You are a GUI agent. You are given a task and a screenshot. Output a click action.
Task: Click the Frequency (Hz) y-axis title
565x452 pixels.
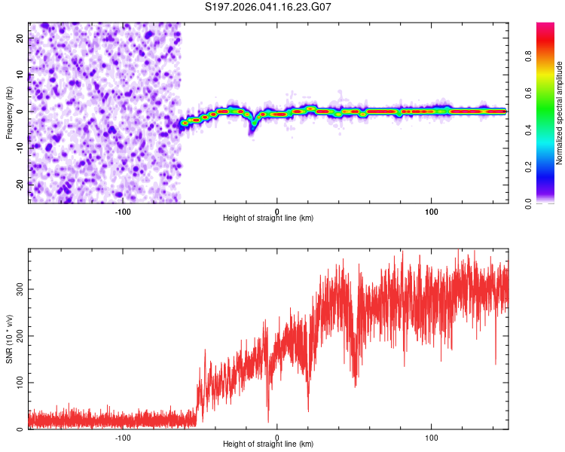(x=9, y=112)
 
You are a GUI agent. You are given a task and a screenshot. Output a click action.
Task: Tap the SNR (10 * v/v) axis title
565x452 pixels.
(x=9, y=338)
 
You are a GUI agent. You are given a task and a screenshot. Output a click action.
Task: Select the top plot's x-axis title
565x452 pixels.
(x=268, y=218)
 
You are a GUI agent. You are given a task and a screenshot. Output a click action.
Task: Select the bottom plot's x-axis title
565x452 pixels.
(x=268, y=444)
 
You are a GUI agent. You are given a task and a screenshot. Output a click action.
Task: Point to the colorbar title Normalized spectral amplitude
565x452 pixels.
(x=560, y=112)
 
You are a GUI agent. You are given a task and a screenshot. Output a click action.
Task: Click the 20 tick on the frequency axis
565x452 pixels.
(x=20, y=38)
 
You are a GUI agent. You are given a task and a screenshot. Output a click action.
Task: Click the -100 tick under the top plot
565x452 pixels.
(x=123, y=210)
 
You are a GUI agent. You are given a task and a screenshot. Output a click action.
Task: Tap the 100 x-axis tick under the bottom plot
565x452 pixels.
(x=432, y=437)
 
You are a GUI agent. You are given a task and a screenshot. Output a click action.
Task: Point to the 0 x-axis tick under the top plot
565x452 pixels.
(x=277, y=210)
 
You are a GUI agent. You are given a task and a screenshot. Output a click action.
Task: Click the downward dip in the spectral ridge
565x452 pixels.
(x=252, y=128)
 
